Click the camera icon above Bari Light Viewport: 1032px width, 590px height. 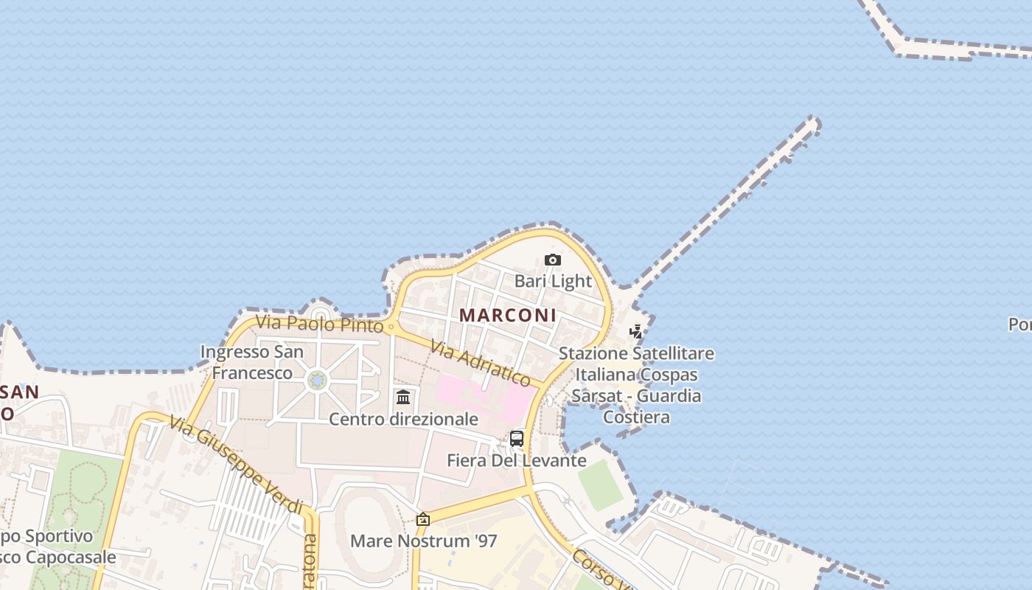click(x=553, y=260)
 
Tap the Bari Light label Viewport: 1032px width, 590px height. click(x=553, y=281)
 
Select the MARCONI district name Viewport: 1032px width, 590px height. click(x=508, y=315)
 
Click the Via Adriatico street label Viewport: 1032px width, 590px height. click(x=480, y=363)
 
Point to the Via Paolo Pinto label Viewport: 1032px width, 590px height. click(x=319, y=324)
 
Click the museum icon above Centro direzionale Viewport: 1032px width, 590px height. click(x=403, y=398)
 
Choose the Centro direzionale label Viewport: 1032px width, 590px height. click(x=403, y=419)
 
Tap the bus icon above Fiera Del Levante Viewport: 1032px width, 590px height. click(x=517, y=439)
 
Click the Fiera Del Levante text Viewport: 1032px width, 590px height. click(x=517, y=461)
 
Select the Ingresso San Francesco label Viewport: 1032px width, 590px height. click(x=252, y=362)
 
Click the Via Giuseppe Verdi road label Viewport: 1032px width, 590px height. click(x=235, y=465)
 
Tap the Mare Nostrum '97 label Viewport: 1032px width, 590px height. click(x=423, y=541)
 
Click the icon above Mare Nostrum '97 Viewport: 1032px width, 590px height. click(x=423, y=519)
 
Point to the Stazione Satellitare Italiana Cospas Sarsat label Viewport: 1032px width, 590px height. click(x=636, y=384)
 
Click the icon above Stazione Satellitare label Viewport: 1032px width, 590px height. click(x=635, y=332)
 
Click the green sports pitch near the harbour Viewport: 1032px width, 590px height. click(x=602, y=485)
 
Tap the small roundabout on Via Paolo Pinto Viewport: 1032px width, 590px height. click(x=391, y=327)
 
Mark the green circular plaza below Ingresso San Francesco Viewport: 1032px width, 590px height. click(x=318, y=380)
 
